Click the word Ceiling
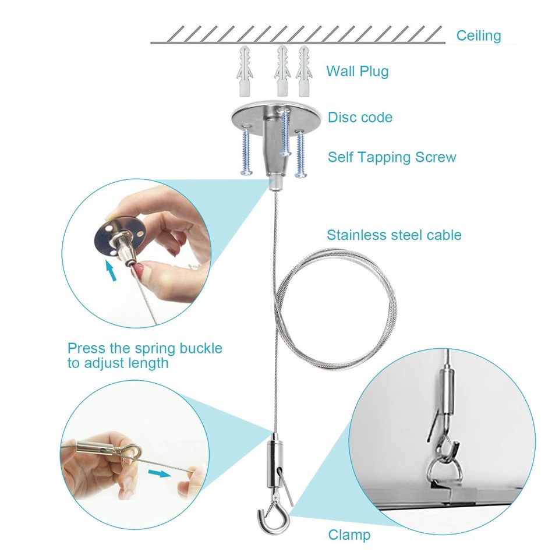click(x=478, y=36)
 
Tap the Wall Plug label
click(x=357, y=72)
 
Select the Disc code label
click(x=360, y=117)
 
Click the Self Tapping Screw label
click(x=392, y=157)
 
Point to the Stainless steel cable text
click(x=394, y=235)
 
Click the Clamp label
click(x=349, y=535)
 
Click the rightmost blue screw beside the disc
click(x=300, y=154)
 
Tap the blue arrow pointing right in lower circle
click(x=158, y=473)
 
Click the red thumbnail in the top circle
click(x=139, y=270)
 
